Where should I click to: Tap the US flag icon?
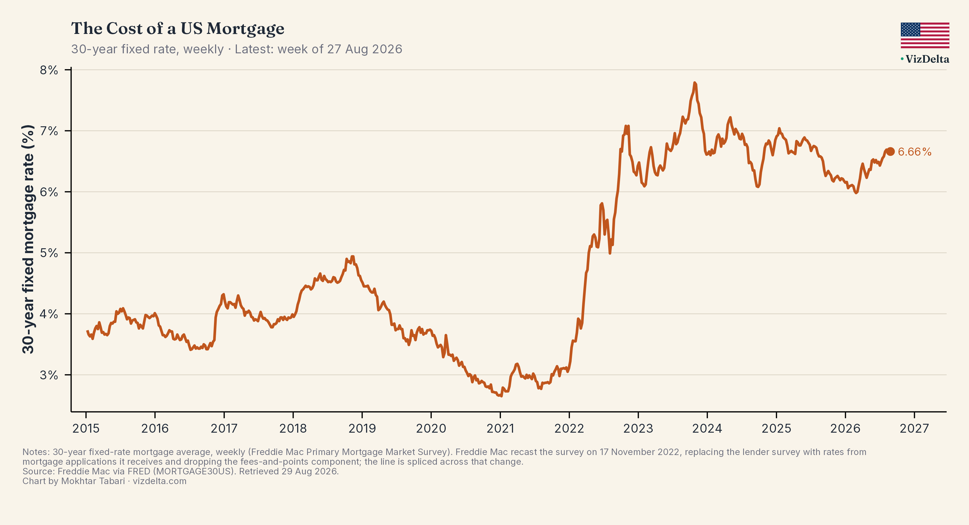pyautogui.click(x=925, y=35)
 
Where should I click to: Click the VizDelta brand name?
pyautogui.click(x=927, y=59)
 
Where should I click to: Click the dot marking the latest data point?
pyautogui.click(x=890, y=151)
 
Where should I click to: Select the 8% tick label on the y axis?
pyautogui.click(x=49, y=70)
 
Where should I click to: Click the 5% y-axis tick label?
pyautogui.click(x=49, y=253)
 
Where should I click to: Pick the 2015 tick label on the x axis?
pyautogui.click(x=86, y=428)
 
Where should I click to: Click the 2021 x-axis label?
pyautogui.click(x=500, y=428)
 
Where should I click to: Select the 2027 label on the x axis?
pyautogui.click(x=914, y=428)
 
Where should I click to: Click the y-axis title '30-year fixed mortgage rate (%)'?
pyautogui.click(x=28, y=239)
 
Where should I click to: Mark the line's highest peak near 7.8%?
pyautogui.click(x=694, y=83)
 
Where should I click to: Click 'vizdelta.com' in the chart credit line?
pyautogui.click(x=160, y=481)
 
